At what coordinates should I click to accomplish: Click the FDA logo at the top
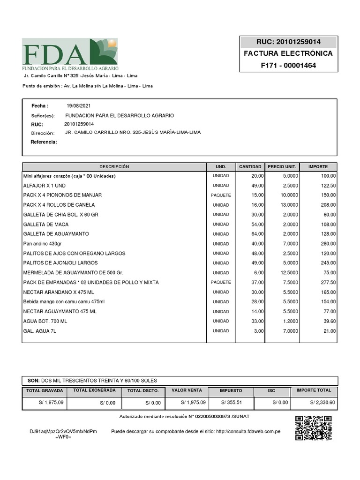point(70,52)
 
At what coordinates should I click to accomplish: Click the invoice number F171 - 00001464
point(288,65)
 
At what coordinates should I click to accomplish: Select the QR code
point(314,427)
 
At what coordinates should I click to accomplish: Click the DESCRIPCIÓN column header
point(114,167)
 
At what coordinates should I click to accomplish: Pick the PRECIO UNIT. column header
point(282,167)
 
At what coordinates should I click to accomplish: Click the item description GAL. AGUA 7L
point(40,331)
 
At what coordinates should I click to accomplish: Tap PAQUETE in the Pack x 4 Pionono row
point(221,195)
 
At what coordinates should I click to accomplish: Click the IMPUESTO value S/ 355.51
point(232,403)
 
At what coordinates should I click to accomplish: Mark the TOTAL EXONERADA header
point(94,390)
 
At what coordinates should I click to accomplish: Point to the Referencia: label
point(44,142)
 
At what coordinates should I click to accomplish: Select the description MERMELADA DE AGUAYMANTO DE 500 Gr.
point(73,273)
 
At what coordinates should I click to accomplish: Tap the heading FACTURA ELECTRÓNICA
point(288,53)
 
